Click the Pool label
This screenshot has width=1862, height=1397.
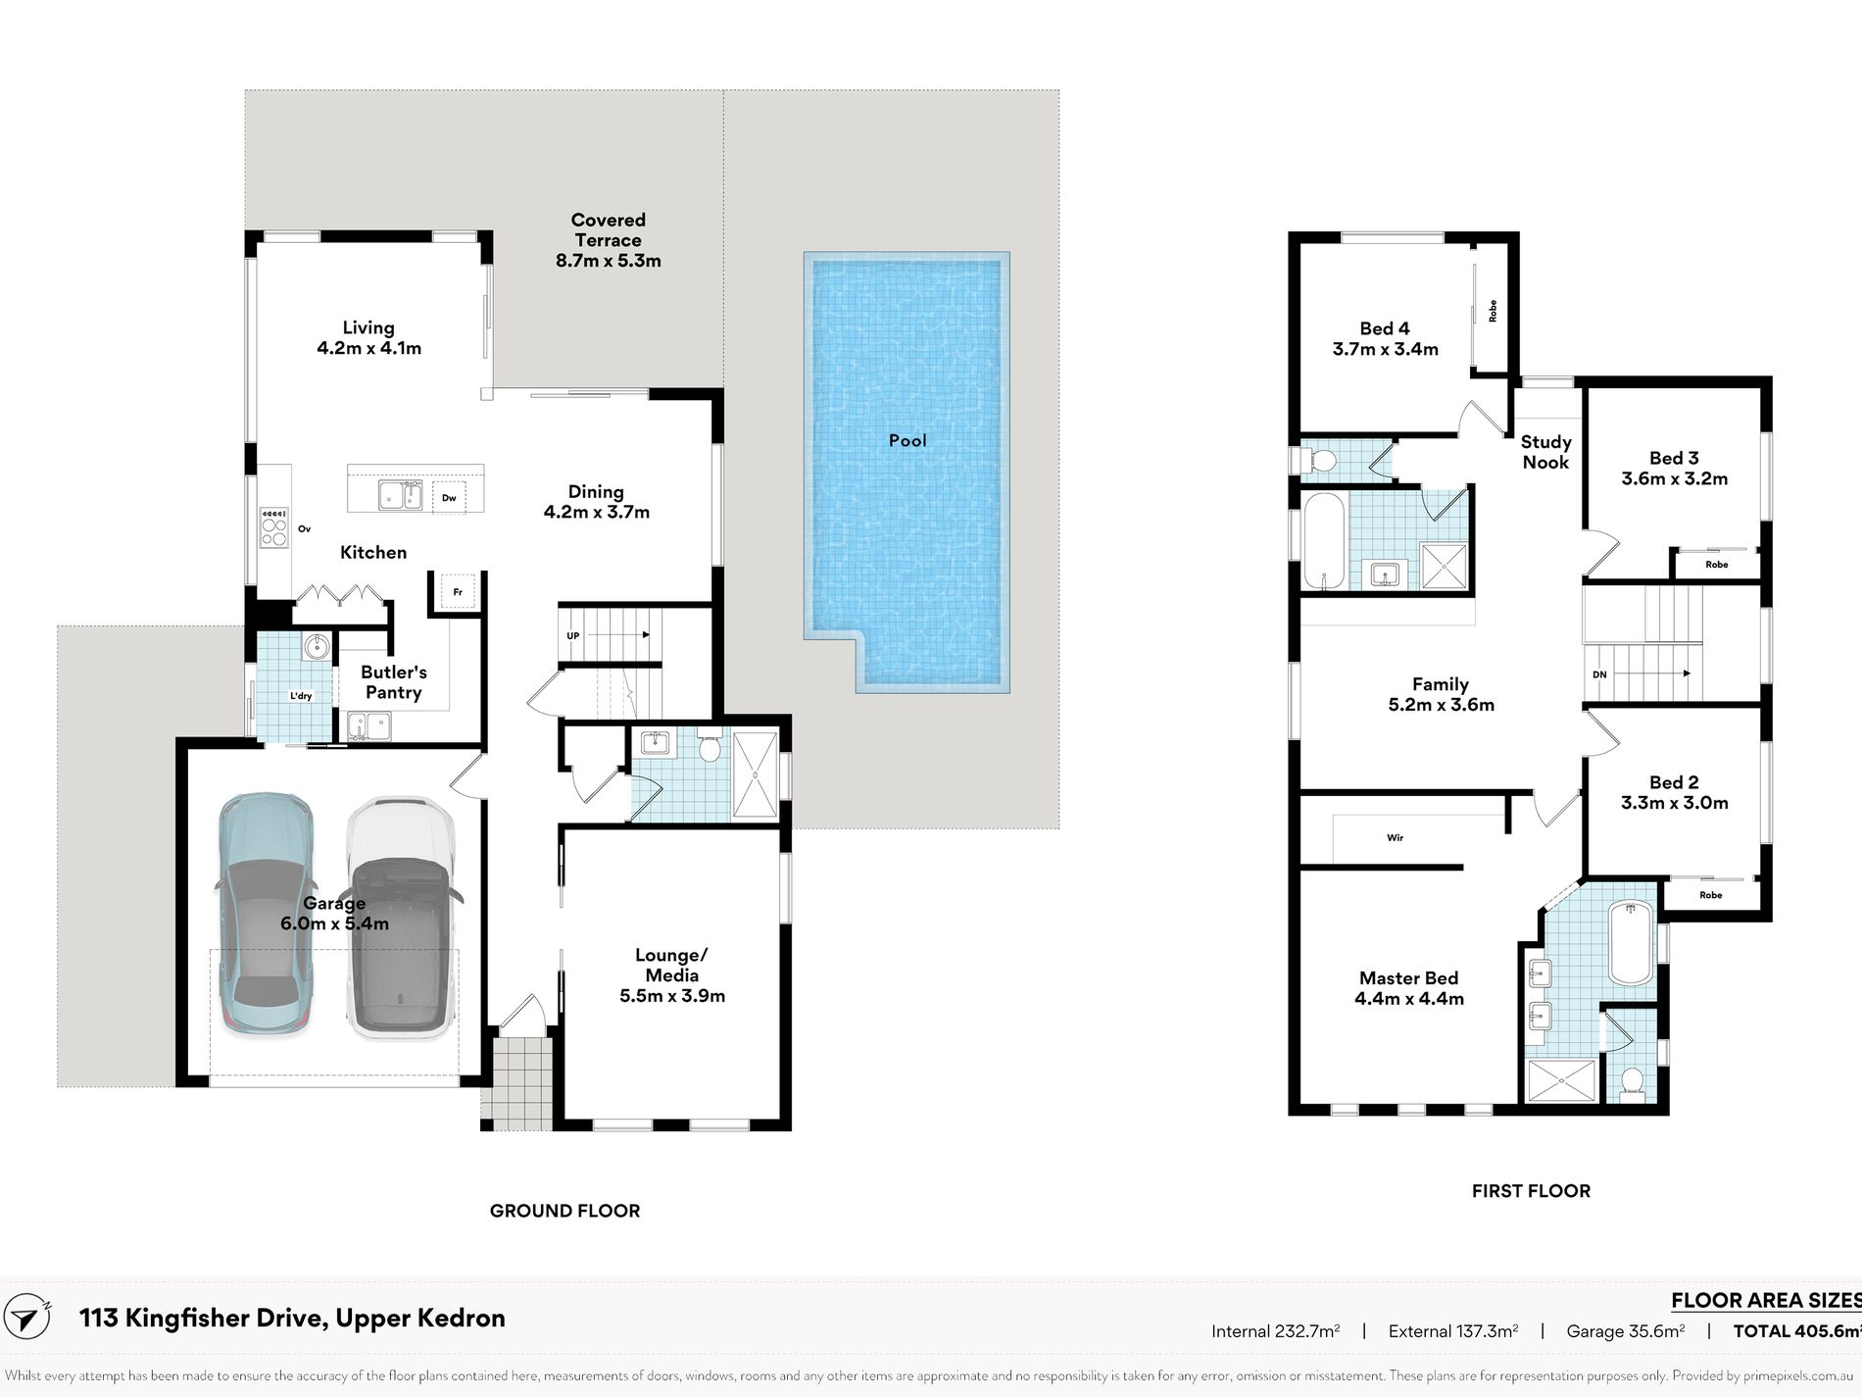click(907, 440)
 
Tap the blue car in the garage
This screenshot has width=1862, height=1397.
click(265, 913)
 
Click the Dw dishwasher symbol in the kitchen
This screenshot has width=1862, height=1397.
click(449, 497)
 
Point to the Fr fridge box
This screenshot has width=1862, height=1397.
click(458, 592)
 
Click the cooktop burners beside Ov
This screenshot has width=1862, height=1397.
click(273, 527)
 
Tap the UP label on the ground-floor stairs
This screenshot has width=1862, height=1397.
click(573, 635)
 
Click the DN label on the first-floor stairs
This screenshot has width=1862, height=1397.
click(1599, 674)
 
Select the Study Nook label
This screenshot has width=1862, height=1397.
click(1545, 452)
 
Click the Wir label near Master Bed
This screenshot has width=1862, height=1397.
click(1395, 838)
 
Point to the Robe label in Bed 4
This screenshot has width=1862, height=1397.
click(1493, 311)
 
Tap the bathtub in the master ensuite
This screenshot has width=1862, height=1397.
click(1630, 942)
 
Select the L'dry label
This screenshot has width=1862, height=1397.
click(301, 696)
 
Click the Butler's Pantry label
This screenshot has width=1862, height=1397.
click(394, 682)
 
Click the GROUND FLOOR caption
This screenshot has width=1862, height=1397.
click(564, 1211)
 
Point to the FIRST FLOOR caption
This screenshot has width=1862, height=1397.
click(1531, 1191)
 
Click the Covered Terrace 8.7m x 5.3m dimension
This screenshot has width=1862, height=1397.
click(609, 261)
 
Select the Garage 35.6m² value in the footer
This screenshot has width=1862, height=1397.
click(1626, 1331)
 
